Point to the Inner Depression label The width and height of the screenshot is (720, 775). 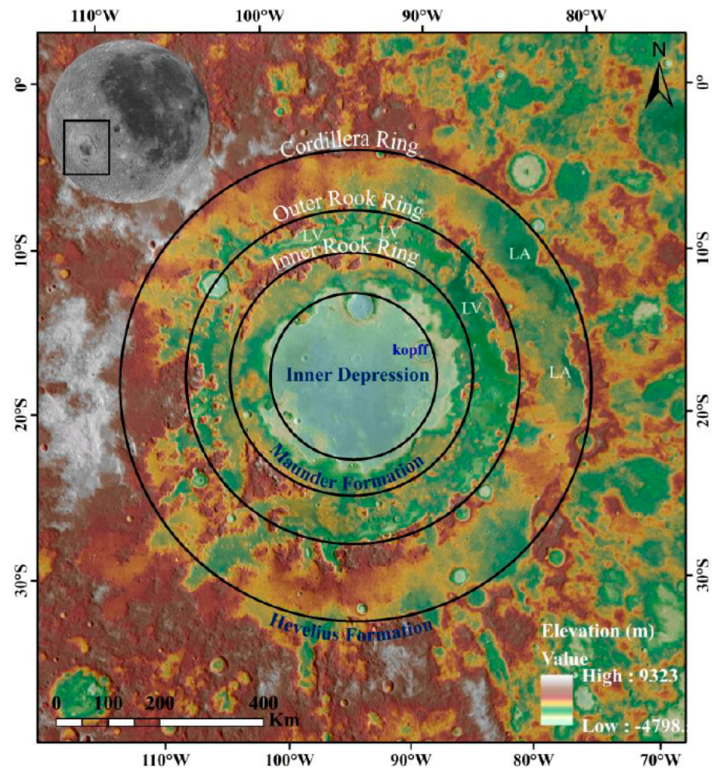357,376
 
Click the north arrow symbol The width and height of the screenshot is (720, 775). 659,85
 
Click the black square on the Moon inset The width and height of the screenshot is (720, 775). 87,147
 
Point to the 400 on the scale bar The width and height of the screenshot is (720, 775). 263,704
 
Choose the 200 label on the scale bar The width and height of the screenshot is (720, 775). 160,704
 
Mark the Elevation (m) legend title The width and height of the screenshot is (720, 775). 598,631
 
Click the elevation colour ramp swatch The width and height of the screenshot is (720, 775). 557,700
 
